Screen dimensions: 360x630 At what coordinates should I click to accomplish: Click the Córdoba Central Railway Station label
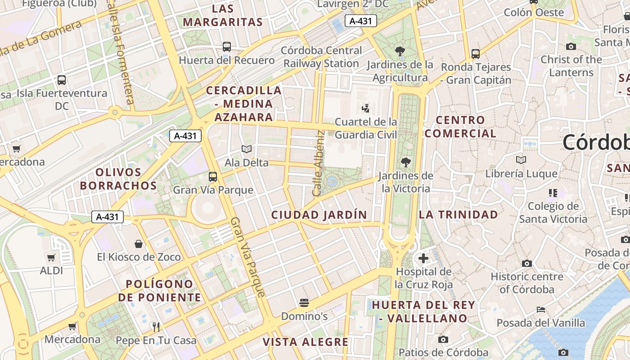point(321,57)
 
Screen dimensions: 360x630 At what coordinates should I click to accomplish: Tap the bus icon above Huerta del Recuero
point(227,46)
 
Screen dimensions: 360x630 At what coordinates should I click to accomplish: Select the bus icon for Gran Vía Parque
point(213,177)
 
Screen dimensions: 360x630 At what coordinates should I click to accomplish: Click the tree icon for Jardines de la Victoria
point(406,162)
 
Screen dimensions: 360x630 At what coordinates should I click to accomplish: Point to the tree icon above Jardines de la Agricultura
point(400,51)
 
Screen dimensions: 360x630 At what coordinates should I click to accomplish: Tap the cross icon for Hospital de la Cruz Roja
point(423,258)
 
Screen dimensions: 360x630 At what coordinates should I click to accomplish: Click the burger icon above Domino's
point(304,303)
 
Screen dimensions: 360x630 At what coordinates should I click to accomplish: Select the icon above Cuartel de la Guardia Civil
point(366,108)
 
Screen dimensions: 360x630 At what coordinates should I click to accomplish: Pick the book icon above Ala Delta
point(246,149)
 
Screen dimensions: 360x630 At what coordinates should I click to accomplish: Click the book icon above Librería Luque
point(521,160)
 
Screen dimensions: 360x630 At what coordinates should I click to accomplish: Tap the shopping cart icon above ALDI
point(51,258)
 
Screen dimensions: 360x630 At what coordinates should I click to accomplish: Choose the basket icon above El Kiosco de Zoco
point(139,244)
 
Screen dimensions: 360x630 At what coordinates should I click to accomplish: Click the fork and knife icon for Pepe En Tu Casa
point(156,327)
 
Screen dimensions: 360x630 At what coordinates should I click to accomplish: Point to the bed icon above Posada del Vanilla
point(541,310)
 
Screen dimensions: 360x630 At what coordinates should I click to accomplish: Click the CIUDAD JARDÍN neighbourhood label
point(319,215)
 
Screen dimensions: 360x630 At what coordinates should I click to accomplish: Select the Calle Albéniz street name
point(319,163)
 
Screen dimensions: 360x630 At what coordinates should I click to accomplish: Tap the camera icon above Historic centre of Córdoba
point(527,263)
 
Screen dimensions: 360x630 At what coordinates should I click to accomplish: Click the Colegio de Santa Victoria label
point(553,212)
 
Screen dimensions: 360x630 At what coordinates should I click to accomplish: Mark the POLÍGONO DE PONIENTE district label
point(160,291)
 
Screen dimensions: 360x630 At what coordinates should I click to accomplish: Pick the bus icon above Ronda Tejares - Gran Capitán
point(476,54)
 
